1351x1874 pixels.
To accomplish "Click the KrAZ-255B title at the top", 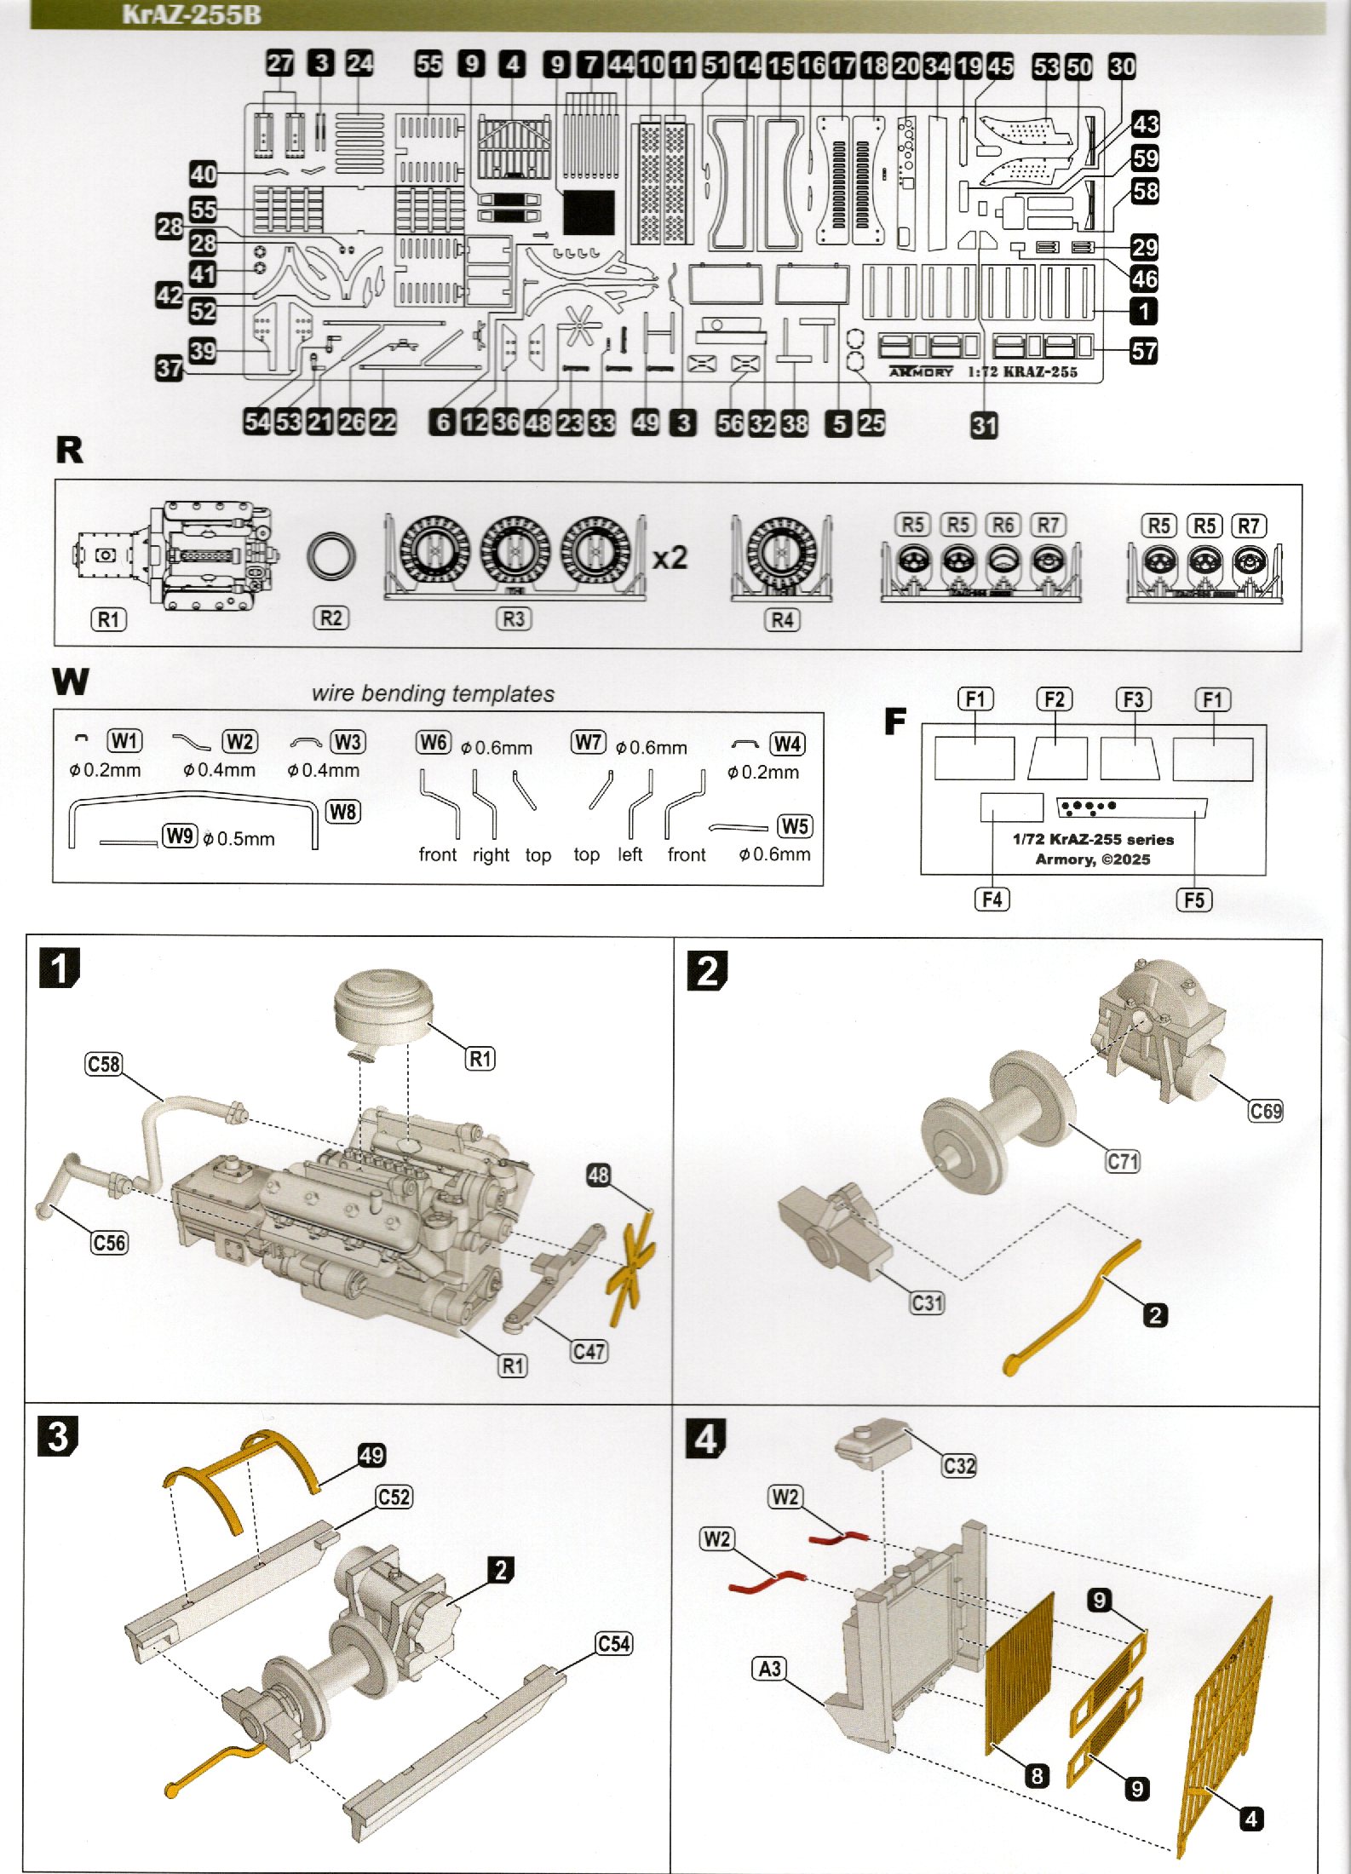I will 192,14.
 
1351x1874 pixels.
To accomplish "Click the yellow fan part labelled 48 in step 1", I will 631,1262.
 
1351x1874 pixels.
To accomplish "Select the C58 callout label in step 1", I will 104,1064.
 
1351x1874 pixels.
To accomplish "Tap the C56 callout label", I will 109,1243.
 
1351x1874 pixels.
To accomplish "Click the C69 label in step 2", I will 1266,1111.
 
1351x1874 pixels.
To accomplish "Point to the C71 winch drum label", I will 1123,1161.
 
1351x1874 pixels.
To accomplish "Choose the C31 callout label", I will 927,1303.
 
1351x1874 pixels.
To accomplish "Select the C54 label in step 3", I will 614,1644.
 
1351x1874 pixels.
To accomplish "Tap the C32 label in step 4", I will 959,1465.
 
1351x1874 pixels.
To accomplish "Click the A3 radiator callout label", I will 770,1668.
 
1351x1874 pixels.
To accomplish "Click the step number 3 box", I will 58,1435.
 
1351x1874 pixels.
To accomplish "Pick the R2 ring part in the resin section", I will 331,557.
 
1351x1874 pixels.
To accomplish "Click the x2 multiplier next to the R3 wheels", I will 670,558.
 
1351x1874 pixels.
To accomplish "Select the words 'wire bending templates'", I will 433,693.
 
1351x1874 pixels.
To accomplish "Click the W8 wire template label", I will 342,811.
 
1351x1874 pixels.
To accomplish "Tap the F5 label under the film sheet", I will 1194,900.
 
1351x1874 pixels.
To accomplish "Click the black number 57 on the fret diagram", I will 1143,351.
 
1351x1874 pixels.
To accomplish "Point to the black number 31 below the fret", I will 984,425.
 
